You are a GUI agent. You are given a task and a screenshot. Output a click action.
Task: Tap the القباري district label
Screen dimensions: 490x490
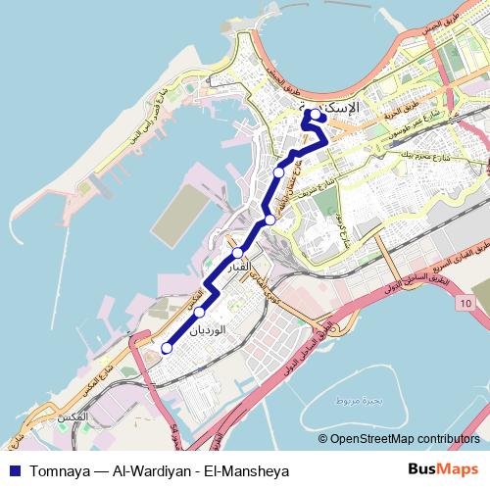(240, 267)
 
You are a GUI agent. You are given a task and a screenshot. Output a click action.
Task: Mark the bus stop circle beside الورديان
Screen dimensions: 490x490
(200, 313)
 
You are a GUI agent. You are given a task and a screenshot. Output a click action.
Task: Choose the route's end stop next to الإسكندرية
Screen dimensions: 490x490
(316, 114)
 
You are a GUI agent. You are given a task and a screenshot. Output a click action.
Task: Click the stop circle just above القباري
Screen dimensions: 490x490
(237, 253)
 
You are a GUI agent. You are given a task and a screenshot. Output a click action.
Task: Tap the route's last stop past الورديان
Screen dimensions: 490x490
(167, 348)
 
